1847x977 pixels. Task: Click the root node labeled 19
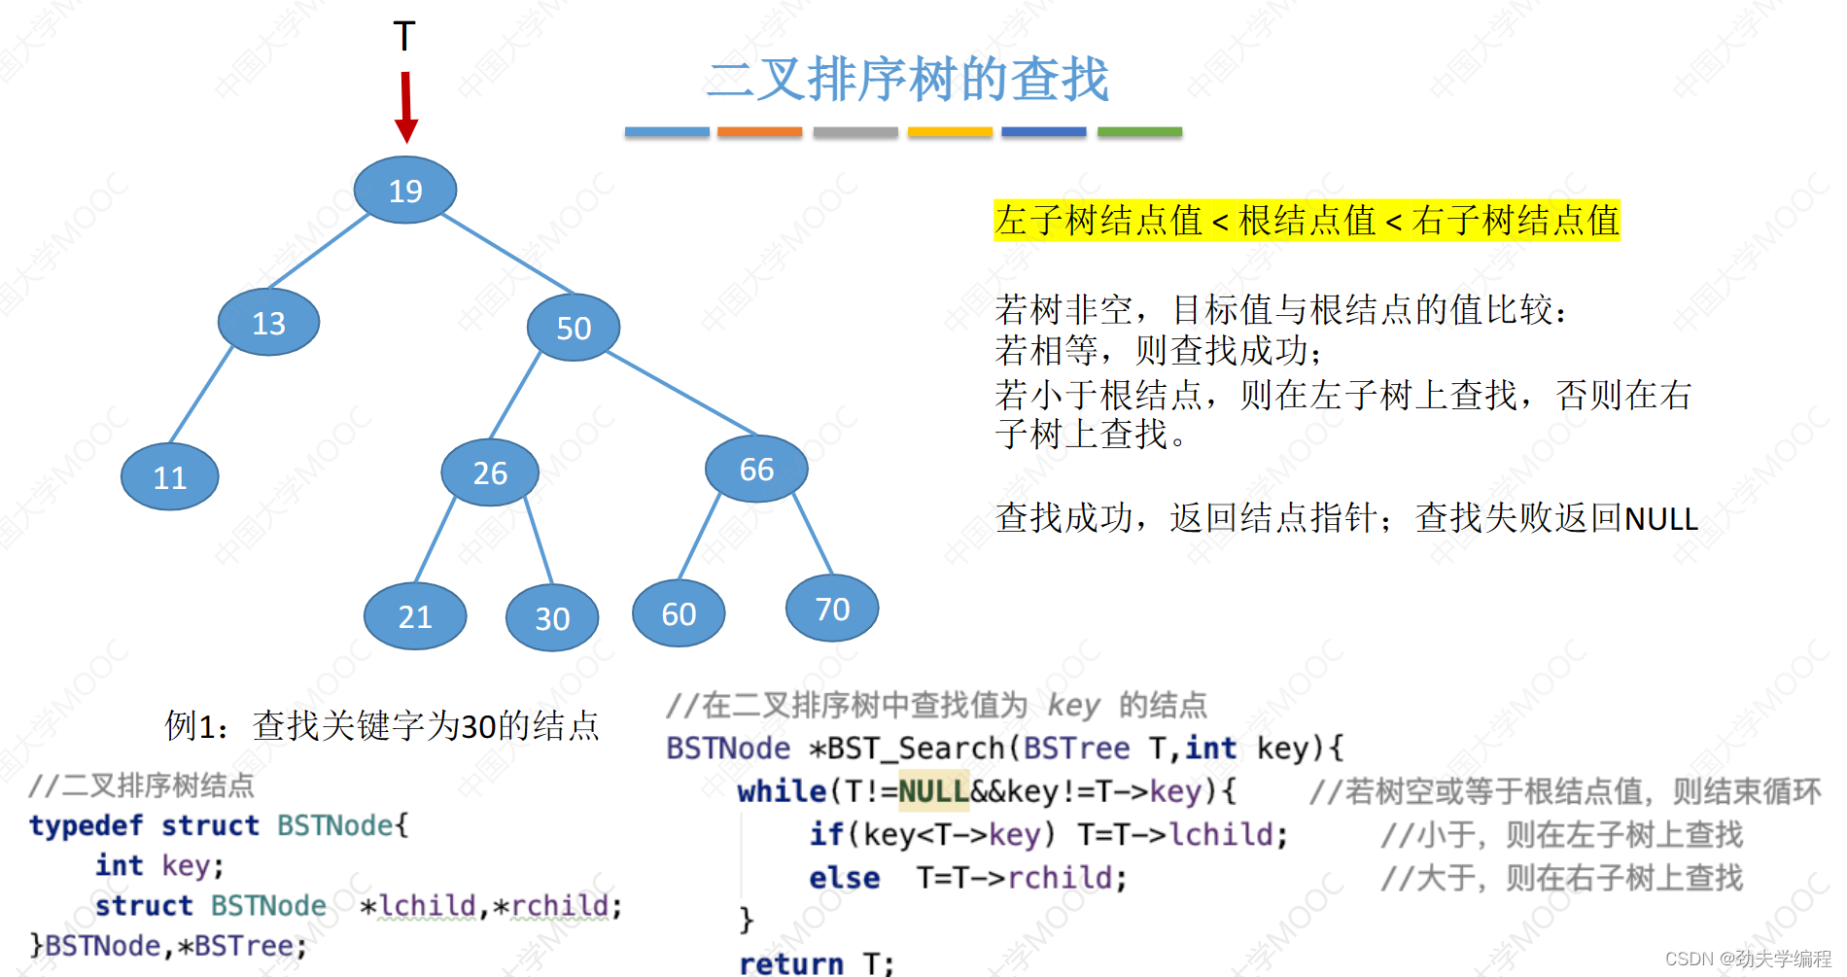click(405, 191)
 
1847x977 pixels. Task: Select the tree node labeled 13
click(268, 323)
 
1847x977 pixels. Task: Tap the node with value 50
click(574, 329)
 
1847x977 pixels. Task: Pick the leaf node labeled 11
click(170, 477)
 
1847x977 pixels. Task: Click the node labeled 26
click(490, 473)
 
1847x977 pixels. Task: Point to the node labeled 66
click(756, 470)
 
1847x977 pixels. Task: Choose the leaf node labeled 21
click(415, 616)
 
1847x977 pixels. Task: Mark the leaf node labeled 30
click(552, 618)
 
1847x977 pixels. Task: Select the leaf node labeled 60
click(679, 614)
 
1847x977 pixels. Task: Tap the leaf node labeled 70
click(832, 610)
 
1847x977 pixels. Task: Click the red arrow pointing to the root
click(406, 107)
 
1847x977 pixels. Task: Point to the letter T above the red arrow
click(404, 37)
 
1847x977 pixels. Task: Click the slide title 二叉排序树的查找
click(908, 79)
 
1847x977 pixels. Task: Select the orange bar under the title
click(760, 132)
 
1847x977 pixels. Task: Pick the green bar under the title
click(1139, 132)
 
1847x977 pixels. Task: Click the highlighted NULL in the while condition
click(933, 791)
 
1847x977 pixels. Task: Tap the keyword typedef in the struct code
click(86, 825)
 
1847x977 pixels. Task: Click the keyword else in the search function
click(844, 878)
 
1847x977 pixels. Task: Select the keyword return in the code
click(791, 963)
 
